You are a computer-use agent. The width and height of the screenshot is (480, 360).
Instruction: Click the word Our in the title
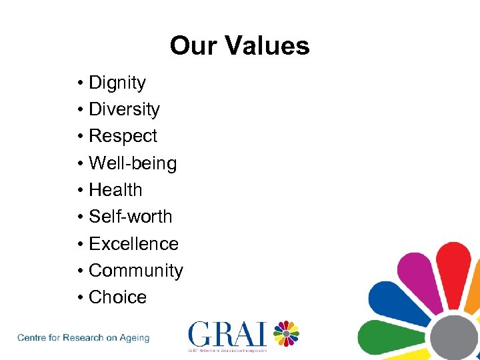pos(193,46)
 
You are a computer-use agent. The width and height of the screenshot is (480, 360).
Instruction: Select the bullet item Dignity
pos(117,83)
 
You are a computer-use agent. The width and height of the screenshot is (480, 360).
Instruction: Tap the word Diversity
pos(124,109)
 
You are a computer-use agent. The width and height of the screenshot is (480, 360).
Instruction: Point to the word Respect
pos(123,136)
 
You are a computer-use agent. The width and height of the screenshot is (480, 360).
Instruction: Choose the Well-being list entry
pos(133,163)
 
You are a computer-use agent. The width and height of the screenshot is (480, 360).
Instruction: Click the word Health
pos(115,190)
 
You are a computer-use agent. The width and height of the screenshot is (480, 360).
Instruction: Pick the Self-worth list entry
pos(130,217)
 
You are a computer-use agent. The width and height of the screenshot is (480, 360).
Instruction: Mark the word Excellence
pos(133,244)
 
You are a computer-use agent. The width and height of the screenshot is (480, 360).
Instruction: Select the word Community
pos(135,271)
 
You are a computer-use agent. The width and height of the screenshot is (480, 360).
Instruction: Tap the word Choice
pos(117,297)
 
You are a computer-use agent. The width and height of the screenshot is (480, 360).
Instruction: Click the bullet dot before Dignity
pos(79,83)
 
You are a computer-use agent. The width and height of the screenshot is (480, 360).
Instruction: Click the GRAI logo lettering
pos(227,333)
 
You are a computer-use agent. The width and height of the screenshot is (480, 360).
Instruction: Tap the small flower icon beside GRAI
pos(285,333)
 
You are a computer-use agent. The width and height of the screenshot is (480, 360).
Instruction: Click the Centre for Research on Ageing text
pos(83,338)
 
